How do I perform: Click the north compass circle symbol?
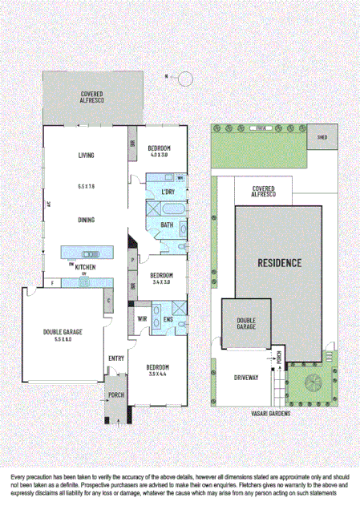click(x=185, y=78)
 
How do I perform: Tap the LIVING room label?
click(x=87, y=156)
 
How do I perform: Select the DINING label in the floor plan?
click(x=87, y=220)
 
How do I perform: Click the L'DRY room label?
click(x=168, y=192)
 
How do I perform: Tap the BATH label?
click(x=167, y=225)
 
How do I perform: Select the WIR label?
click(x=141, y=318)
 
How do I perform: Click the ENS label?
click(x=168, y=318)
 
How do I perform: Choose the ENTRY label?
click(x=115, y=358)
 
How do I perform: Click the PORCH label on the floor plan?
click(x=115, y=395)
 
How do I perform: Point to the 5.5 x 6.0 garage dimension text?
click(x=63, y=339)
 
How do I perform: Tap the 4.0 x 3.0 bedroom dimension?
click(x=158, y=156)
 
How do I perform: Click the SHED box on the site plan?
click(x=322, y=136)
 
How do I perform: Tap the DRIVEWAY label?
click(x=246, y=376)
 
